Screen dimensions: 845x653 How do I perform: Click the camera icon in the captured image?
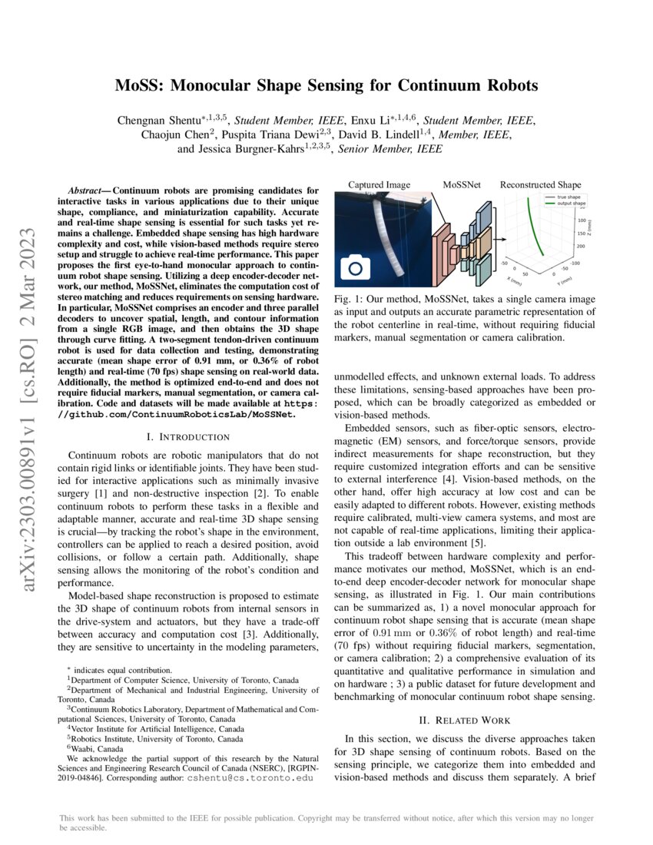[x=355, y=268]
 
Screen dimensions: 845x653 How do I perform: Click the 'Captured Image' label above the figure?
[x=380, y=184]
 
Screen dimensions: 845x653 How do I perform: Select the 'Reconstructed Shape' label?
[x=540, y=184]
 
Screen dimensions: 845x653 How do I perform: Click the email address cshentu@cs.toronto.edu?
[x=250, y=777]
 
